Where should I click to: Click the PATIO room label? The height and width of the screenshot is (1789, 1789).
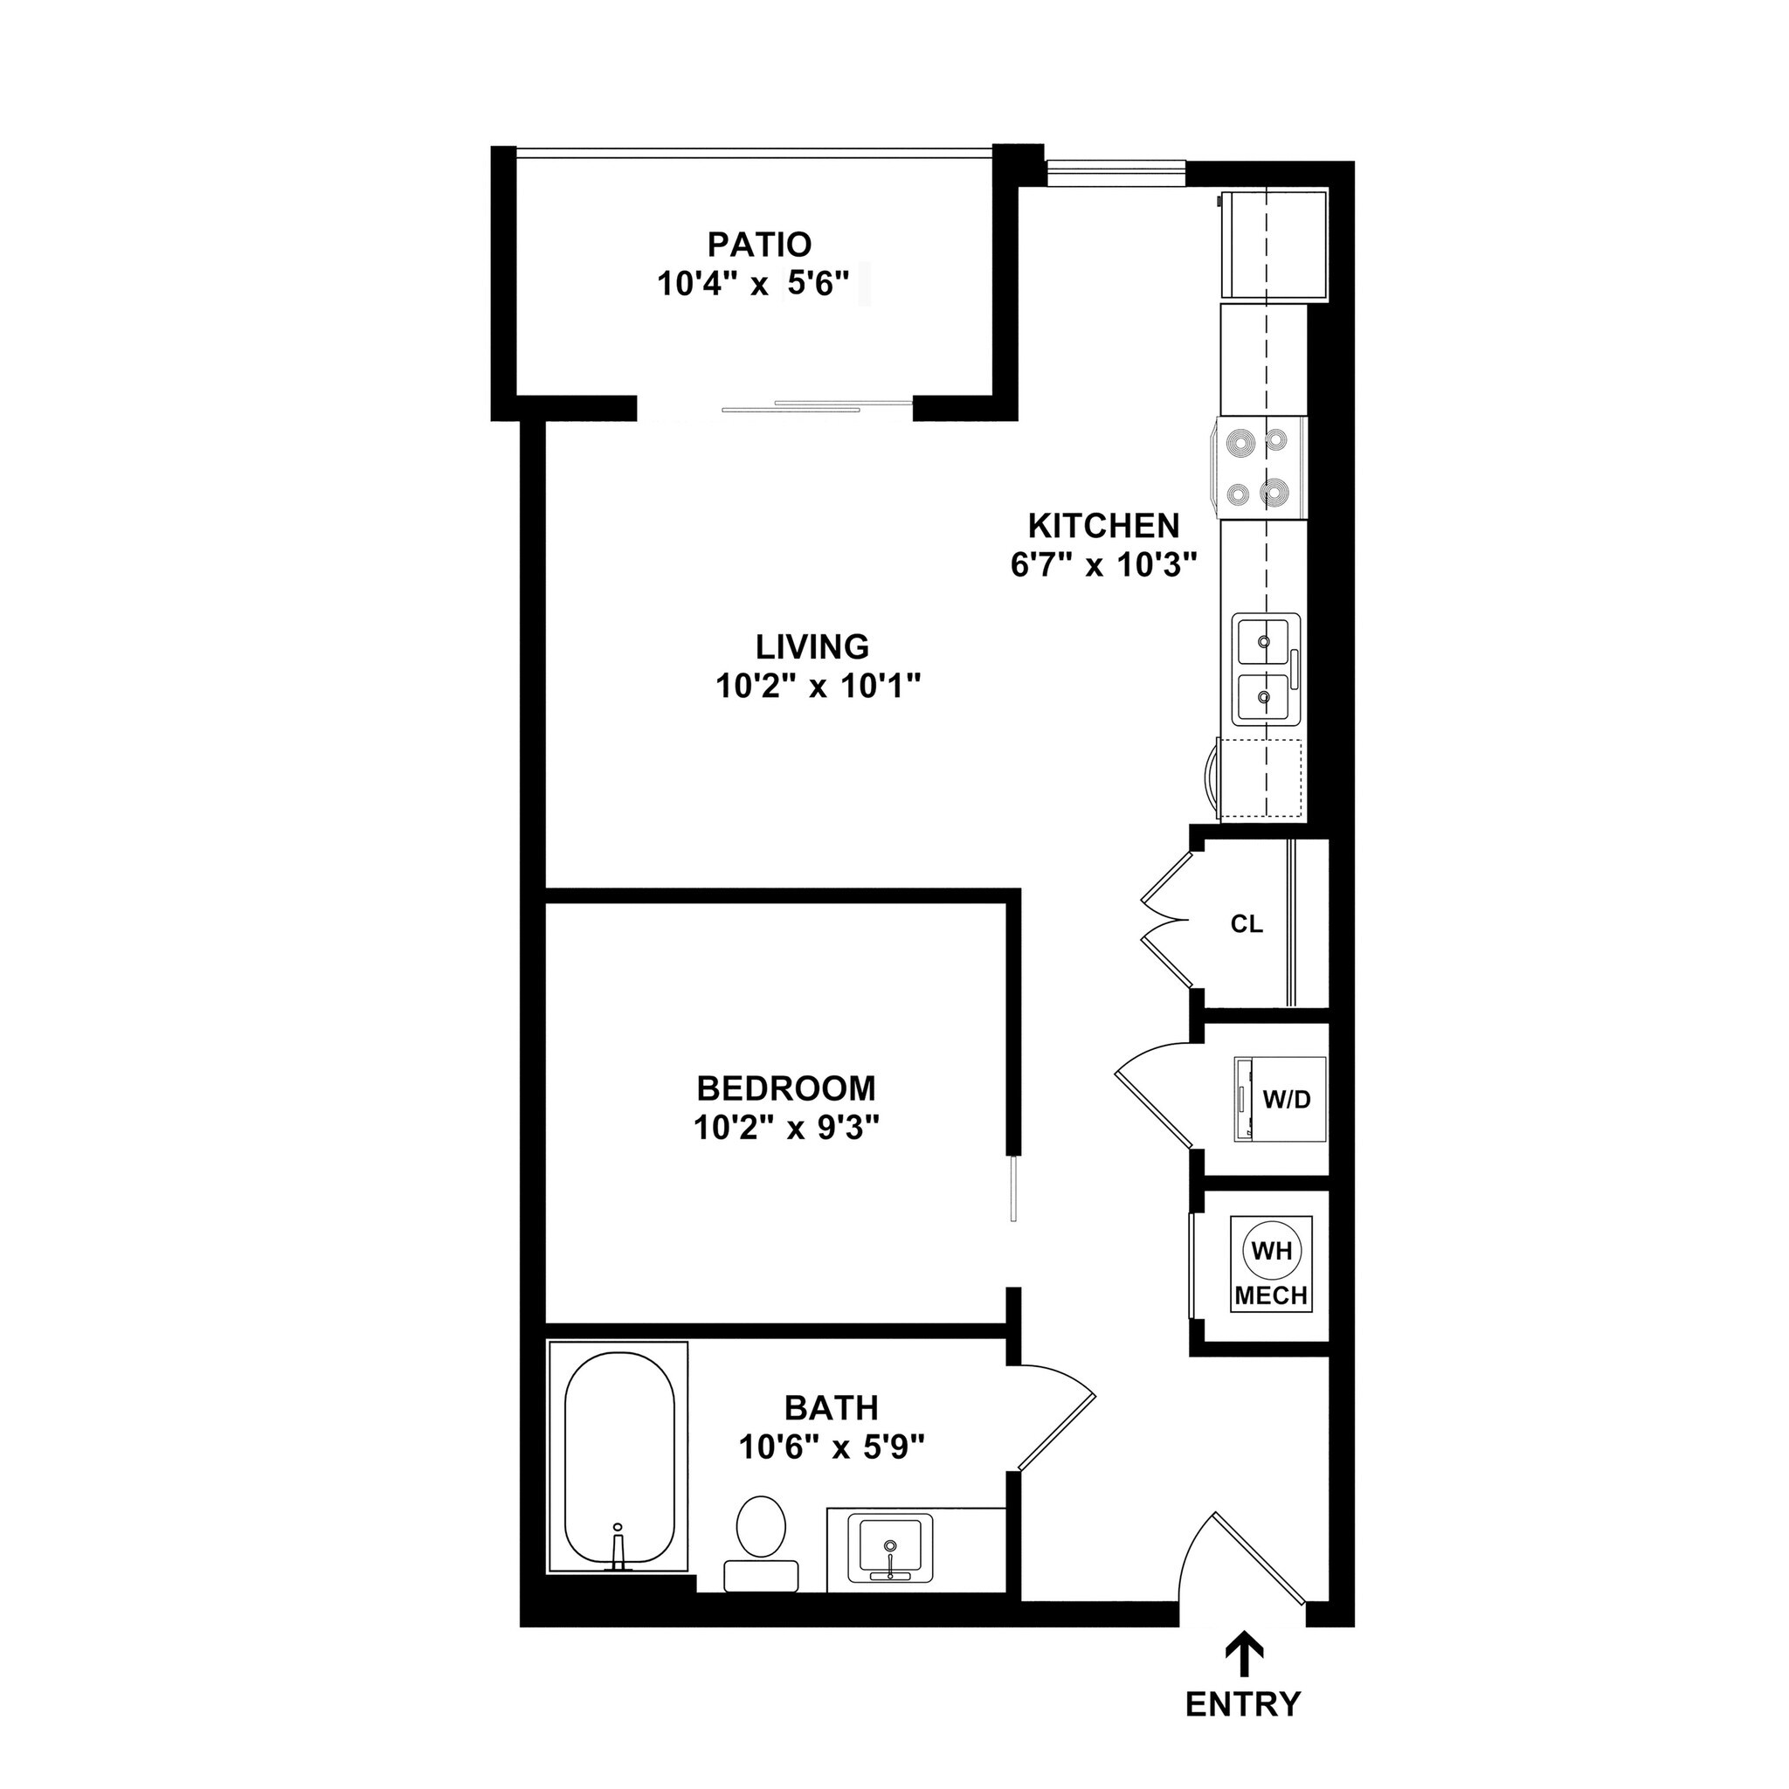[x=759, y=245]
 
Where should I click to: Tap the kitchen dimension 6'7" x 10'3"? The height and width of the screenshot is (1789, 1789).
[x=1104, y=565]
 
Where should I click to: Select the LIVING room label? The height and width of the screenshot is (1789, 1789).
[x=812, y=646]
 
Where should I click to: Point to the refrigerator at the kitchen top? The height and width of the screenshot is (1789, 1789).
[x=1274, y=245]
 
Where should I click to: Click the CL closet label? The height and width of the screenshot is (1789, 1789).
[x=1247, y=924]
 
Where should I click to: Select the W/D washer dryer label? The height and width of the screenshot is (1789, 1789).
[x=1287, y=1100]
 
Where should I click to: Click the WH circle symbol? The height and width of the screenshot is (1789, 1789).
[x=1271, y=1251]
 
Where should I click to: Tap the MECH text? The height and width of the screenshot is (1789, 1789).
[x=1271, y=1295]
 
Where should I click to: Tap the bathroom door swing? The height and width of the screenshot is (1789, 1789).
[x=1055, y=1417]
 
